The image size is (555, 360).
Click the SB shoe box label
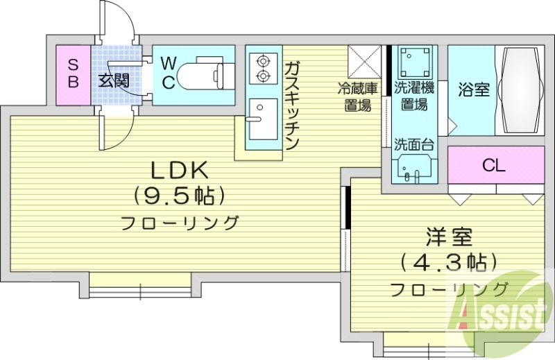(74, 72)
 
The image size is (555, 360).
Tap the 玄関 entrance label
(113, 80)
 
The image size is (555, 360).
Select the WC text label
(168, 72)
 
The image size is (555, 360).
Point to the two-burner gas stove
(262, 67)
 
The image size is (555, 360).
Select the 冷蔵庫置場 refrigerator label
(357, 96)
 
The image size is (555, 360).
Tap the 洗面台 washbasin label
(414, 145)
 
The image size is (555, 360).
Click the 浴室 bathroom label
(475, 89)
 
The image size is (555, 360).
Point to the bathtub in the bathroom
(521, 89)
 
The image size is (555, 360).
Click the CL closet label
(493, 165)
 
